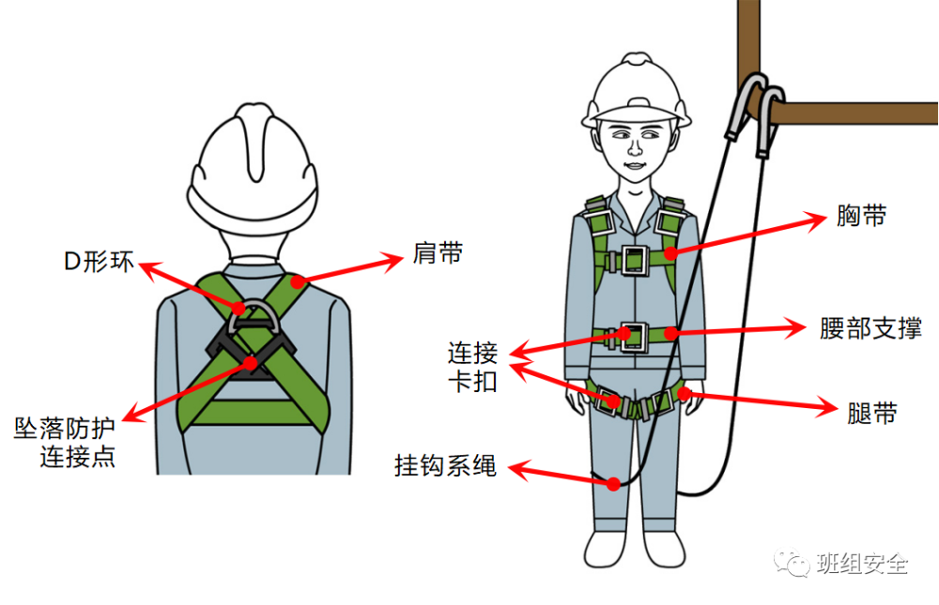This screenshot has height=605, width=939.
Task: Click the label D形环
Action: click(99, 262)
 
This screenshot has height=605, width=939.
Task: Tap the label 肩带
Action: click(438, 253)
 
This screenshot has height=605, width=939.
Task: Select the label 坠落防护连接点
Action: click(65, 443)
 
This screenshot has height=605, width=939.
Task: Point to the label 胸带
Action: click(861, 216)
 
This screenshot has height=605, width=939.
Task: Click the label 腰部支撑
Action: click(870, 328)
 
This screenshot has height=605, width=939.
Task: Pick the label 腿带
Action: click(872, 414)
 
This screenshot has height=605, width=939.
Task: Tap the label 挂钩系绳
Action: click(445, 465)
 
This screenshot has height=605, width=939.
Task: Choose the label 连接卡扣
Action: click(473, 367)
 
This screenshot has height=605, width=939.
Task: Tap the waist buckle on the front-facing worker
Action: click(634, 337)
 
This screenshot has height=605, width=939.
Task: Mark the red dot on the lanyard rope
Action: click(613, 483)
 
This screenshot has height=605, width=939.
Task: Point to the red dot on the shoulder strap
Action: click(297, 280)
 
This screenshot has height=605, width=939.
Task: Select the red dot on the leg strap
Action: click(684, 393)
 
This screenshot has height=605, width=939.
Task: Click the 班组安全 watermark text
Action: click(862, 563)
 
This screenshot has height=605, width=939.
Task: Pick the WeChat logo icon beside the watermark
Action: click(792, 563)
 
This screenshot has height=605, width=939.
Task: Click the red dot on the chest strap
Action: click(670, 253)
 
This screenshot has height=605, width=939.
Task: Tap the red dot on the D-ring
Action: click(239, 309)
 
